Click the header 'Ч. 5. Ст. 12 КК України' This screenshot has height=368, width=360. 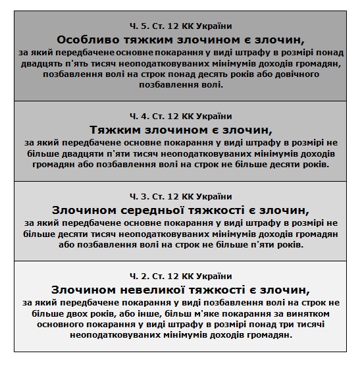click(180, 26)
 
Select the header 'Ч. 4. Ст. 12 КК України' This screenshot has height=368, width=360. click(180, 114)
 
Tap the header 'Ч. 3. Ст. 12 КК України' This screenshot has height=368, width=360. click(180, 196)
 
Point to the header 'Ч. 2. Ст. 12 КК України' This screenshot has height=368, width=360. click(180, 275)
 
